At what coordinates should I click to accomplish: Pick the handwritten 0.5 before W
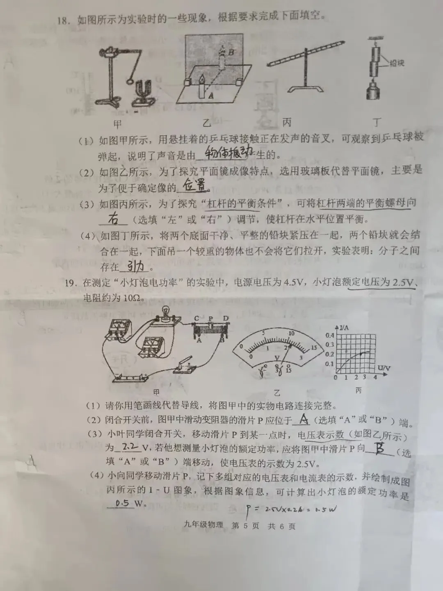point(122,503)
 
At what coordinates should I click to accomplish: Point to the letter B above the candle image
point(231,52)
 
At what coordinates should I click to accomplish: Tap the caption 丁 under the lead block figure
point(377,122)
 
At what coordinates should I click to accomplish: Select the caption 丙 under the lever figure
point(287,122)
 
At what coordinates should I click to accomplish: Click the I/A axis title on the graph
point(344,327)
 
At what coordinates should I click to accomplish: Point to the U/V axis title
point(384,368)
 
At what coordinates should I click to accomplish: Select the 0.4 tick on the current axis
point(329,335)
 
